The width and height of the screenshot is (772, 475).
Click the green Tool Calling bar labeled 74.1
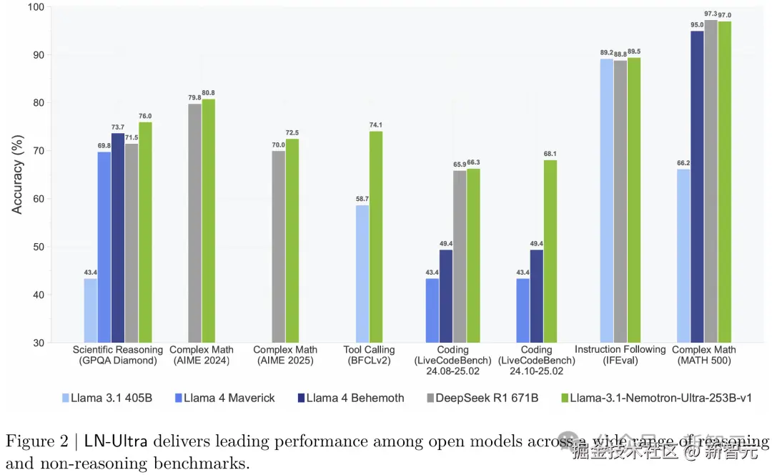click(x=376, y=237)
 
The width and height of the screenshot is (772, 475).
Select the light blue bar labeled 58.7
click(x=362, y=274)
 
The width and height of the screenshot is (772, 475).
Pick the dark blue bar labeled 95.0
click(x=697, y=187)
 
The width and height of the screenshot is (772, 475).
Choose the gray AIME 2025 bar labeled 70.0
click(x=278, y=247)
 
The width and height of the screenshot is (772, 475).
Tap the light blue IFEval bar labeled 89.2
click(x=606, y=200)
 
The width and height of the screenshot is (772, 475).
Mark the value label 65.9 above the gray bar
click(x=460, y=165)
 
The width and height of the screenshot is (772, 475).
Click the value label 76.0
click(x=146, y=116)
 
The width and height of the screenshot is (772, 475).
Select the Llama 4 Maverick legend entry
click(x=228, y=398)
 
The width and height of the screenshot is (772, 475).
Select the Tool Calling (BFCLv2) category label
click(x=370, y=355)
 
